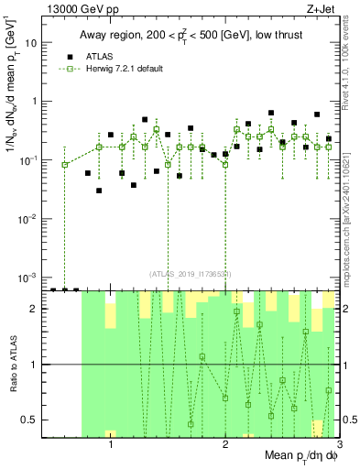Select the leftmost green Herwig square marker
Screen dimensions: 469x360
pyautogui.click(x=65, y=165)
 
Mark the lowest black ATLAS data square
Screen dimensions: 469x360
pyautogui.click(x=99, y=191)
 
